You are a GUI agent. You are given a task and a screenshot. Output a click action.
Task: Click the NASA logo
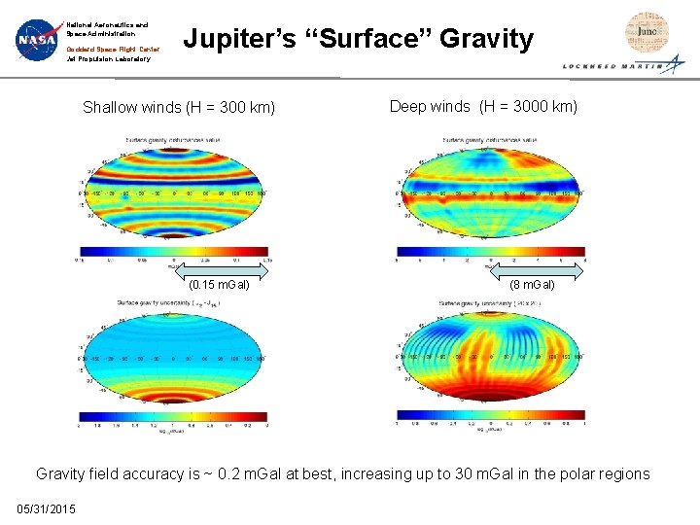click(x=37, y=40)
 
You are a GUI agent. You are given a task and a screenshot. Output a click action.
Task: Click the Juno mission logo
click(x=646, y=32)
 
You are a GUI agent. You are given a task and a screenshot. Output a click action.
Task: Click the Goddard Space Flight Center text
click(x=113, y=49)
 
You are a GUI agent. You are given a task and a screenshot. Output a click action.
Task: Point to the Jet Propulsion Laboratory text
click(x=108, y=59)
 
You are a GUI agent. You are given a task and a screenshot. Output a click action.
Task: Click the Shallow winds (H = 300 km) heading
click(x=179, y=107)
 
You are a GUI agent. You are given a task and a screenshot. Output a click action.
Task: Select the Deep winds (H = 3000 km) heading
click(x=483, y=106)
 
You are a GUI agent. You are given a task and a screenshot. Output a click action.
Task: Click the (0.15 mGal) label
click(x=219, y=285)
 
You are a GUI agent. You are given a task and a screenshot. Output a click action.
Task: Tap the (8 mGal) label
click(x=533, y=285)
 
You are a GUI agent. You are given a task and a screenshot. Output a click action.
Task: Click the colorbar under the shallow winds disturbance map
click(x=172, y=251)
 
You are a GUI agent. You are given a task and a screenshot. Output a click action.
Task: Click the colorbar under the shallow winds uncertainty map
click(x=172, y=415)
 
